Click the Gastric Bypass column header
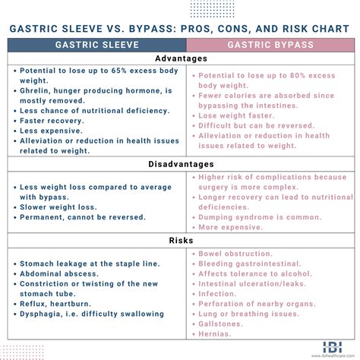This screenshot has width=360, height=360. [x=273, y=44]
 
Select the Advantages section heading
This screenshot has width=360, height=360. [x=181, y=59]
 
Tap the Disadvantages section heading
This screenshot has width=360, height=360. [x=181, y=164]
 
